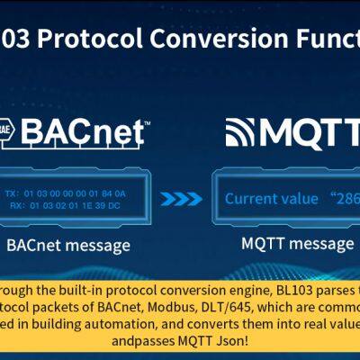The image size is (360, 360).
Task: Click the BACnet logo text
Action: [85, 132]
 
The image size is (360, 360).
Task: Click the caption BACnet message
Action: [67, 245]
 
